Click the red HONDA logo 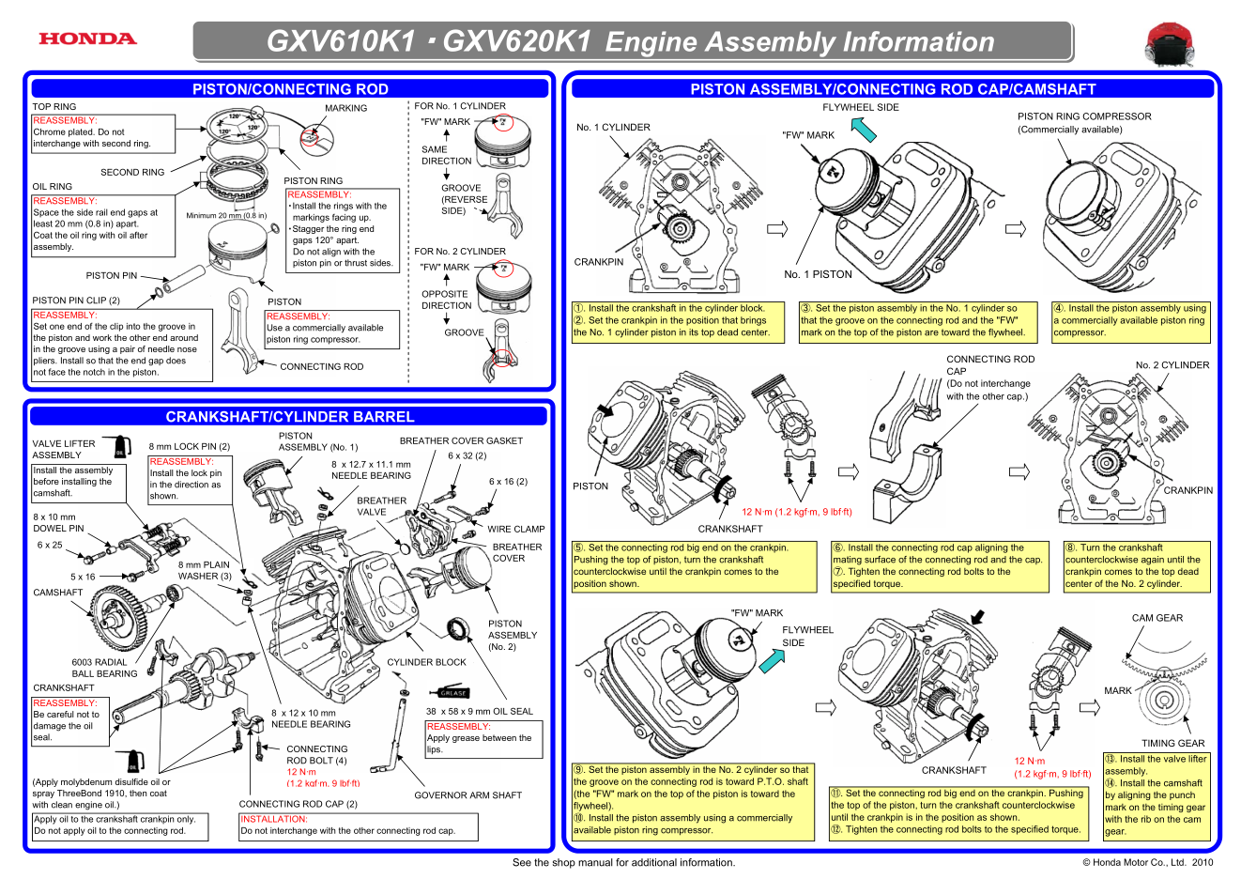(x=87, y=39)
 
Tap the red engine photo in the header (x=1169, y=44)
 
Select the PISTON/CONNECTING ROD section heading (x=290, y=89)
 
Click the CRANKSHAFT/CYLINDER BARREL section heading (x=290, y=417)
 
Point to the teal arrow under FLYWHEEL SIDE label (x=864, y=129)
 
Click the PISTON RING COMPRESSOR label (x=1084, y=116)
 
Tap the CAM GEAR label (x=1157, y=618)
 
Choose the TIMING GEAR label (x=1172, y=743)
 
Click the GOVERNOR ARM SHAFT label (x=467, y=795)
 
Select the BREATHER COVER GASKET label (x=461, y=440)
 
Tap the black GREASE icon (x=453, y=693)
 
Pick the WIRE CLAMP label (x=515, y=529)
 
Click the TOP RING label (x=54, y=107)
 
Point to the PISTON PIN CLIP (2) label (x=76, y=301)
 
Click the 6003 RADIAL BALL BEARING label (x=104, y=668)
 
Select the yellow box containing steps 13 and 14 (x=1157, y=795)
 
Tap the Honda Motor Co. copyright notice (x=1147, y=862)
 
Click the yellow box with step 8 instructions (x=1137, y=566)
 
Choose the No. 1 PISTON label (x=818, y=274)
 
